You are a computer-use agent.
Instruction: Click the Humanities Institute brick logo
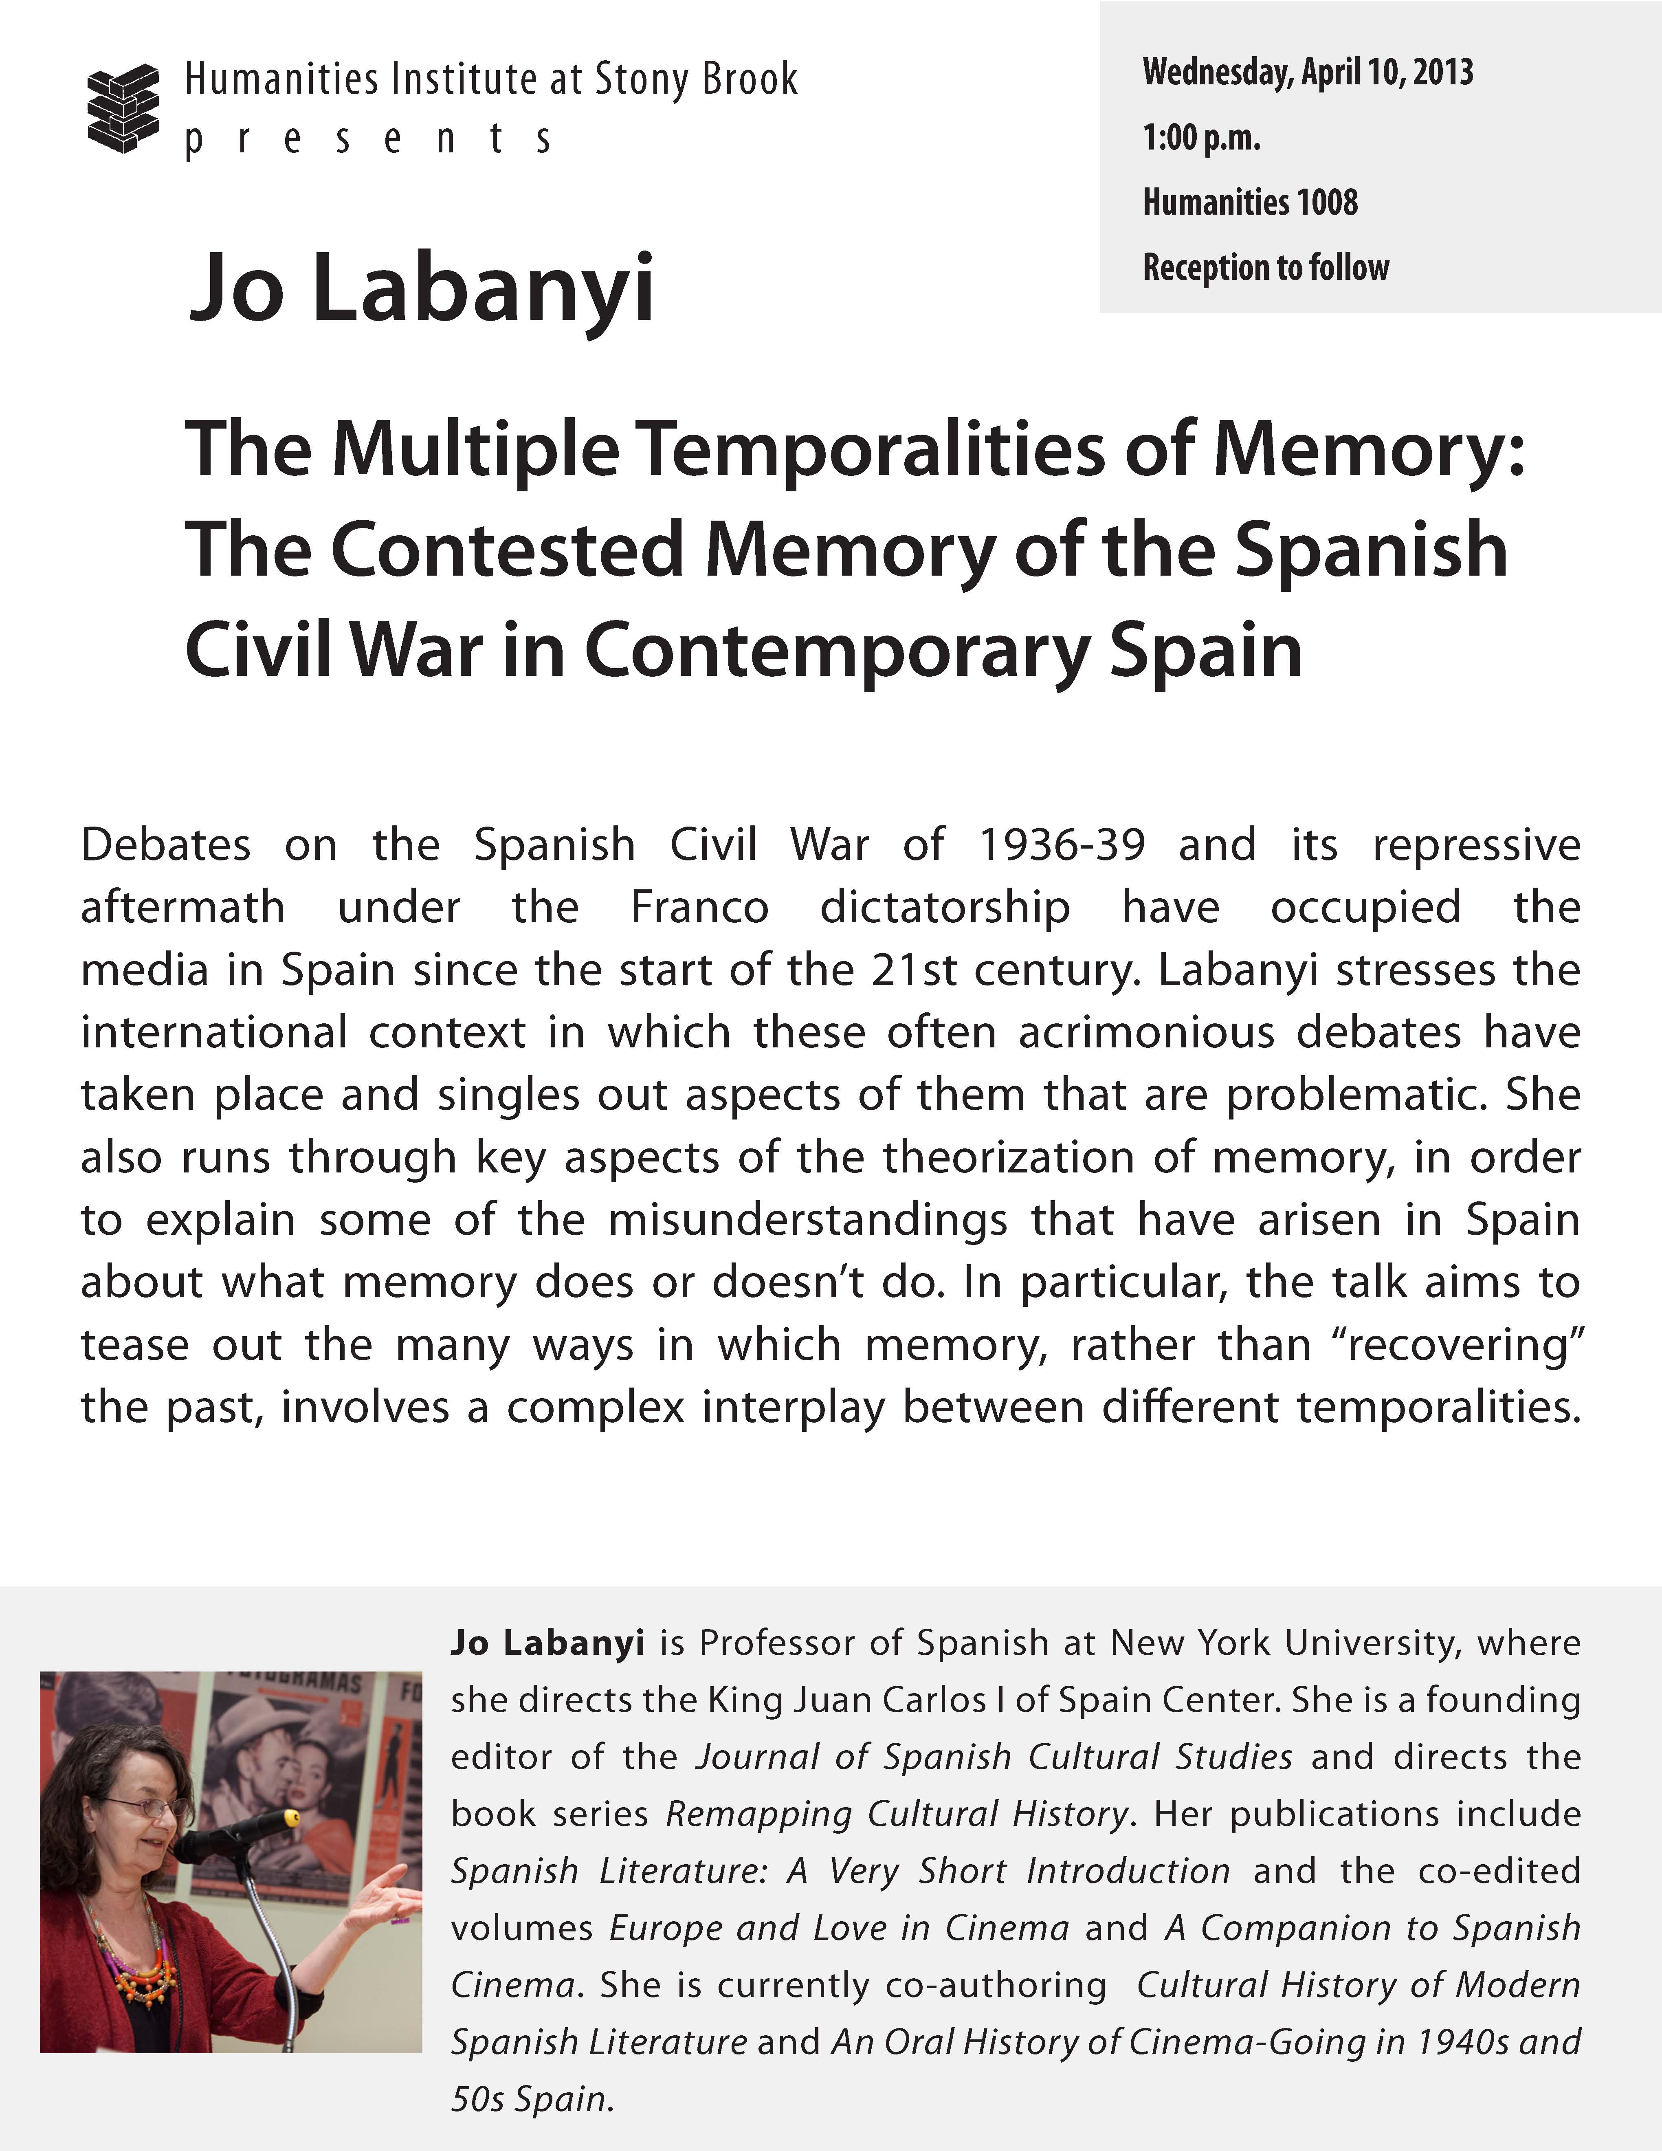click(x=123, y=108)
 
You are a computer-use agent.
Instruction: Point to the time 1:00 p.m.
click(x=1201, y=138)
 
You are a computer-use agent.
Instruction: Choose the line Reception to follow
click(x=1265, y=268)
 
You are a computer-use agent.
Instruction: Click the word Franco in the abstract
click(x=699, y=907)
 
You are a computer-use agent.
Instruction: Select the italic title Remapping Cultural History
click(x=896, y=1813)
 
